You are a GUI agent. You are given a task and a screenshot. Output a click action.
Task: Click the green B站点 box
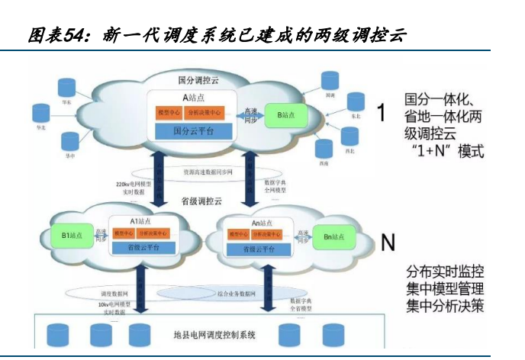coord(289,114)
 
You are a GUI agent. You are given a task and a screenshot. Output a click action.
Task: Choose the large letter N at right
coord(388,242)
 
